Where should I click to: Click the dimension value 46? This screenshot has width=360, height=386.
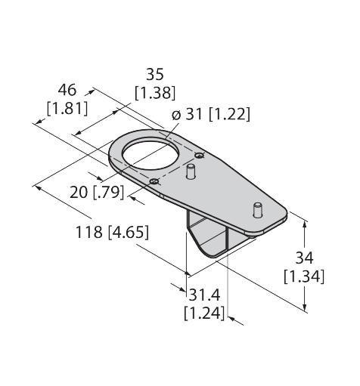click(x=67, y=90)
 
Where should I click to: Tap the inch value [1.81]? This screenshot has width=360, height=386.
click(x=67, y=109)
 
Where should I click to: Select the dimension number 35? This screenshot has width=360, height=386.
click(x=155, y=74)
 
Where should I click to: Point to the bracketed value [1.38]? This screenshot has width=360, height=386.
click(x=155, y=93)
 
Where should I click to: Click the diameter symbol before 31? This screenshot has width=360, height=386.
click(x=176, y=115)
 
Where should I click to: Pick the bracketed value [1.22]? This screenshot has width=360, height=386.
click(x=230, y=114)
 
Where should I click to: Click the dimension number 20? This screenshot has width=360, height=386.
click(x=79, y=193)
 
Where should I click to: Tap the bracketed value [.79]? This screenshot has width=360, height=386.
click(x=109, y=193)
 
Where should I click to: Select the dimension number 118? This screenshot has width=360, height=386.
click(x=89, y=232)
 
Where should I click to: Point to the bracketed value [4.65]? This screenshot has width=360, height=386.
click(x=129, y=233)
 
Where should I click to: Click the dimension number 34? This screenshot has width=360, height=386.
click(x=304, y=258)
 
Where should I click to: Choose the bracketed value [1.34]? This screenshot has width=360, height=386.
click(x=304, y=276)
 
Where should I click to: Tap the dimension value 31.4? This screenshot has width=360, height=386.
click(x=204, y=295)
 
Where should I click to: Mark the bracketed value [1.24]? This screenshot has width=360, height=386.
click(x=204, y=313)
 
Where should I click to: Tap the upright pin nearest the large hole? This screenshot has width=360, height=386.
click(x=191, y=171)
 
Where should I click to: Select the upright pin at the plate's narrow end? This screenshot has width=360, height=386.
click(x=257, y=209)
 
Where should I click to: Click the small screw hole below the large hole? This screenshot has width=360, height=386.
click(x=154, y=181)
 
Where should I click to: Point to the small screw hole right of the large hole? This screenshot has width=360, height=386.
click(x=200, y=156)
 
